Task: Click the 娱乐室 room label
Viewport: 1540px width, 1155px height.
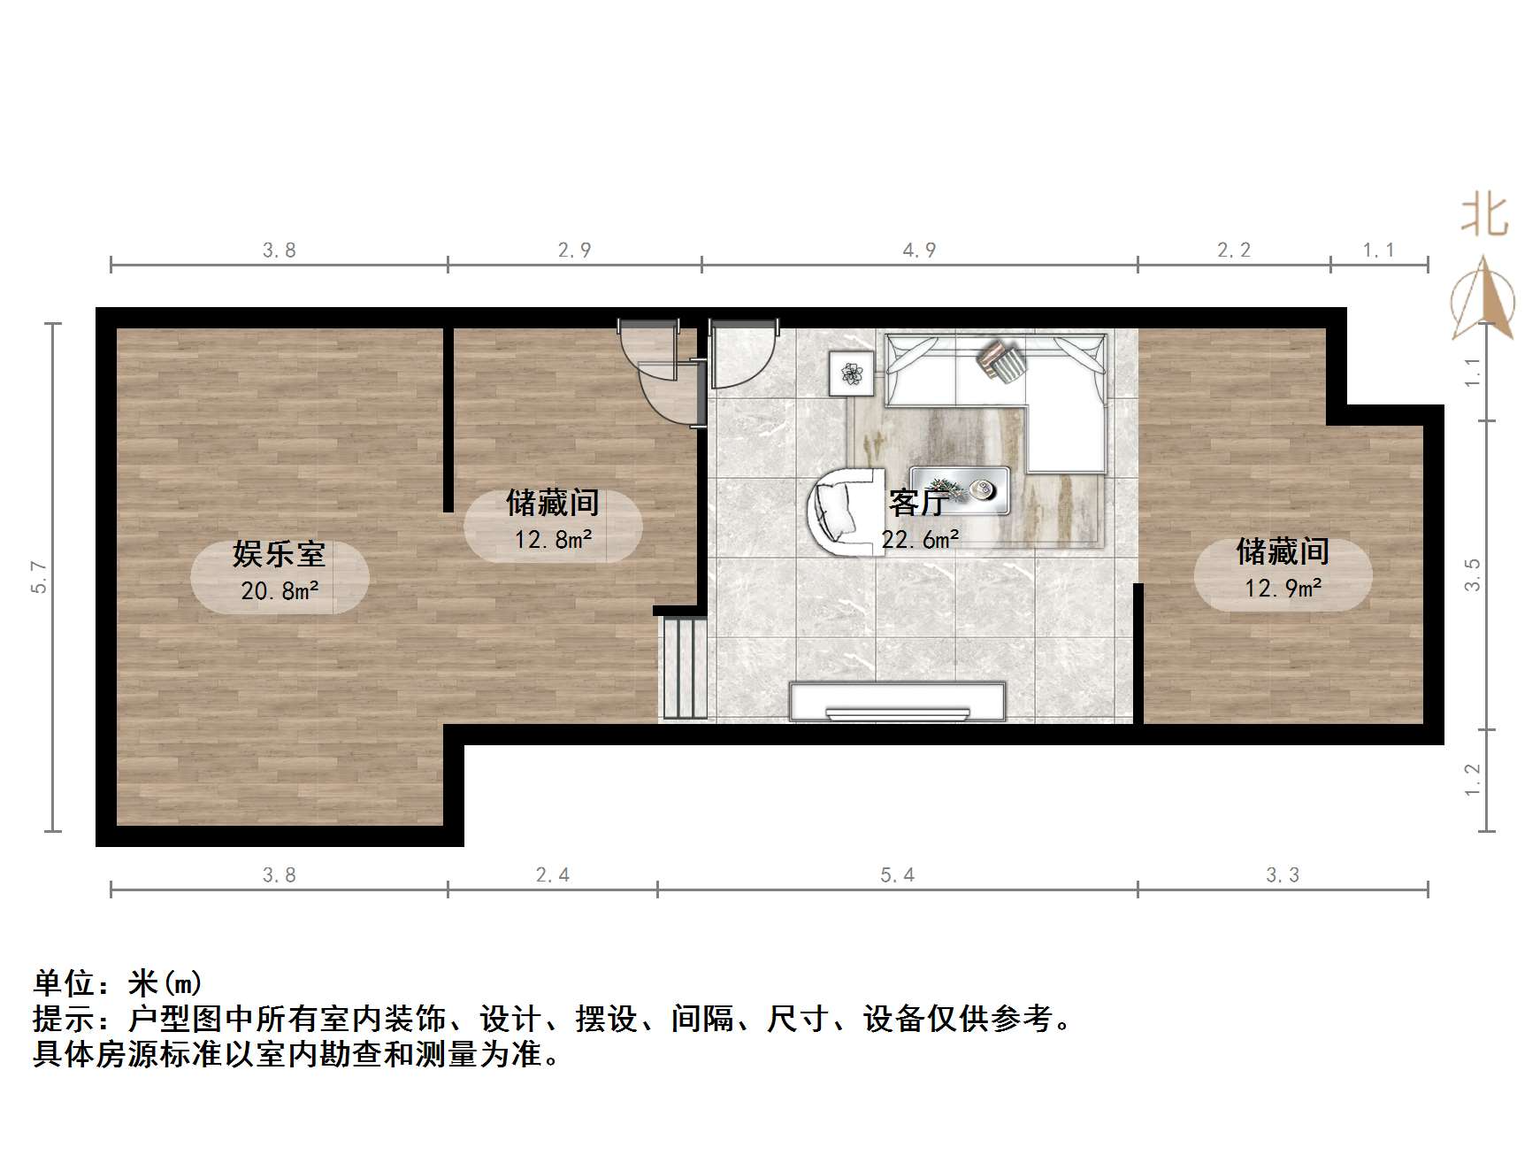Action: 279,555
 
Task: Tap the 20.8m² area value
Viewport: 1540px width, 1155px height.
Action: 280,591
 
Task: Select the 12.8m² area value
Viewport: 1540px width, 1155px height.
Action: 554,539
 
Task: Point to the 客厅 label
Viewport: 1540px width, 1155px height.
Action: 919,504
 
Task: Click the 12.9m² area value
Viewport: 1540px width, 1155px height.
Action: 1283,589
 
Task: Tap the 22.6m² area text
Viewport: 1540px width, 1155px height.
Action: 920,540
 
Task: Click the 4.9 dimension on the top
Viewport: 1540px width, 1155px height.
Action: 919,250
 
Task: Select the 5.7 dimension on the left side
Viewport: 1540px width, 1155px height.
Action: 40,577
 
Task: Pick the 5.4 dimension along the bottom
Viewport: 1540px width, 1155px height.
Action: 897,875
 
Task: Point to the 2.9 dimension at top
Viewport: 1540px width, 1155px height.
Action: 574,250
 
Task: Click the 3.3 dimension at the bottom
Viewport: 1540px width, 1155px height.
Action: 1282,875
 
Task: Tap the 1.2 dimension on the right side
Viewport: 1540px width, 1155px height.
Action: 1473,780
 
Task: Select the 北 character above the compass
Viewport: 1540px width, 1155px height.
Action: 1483,216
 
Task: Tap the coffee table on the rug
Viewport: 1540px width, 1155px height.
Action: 960,489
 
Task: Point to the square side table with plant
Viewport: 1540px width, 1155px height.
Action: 851,373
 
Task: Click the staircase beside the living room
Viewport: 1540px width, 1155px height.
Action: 683,667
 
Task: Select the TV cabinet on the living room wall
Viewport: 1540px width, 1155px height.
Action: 897,702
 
